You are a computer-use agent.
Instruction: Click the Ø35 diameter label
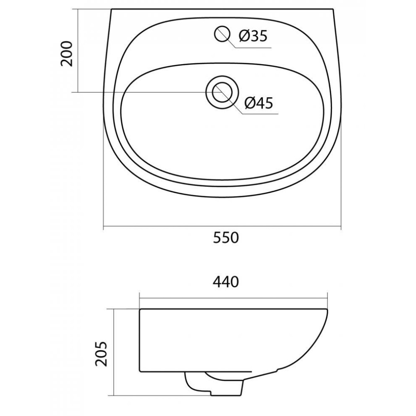tap(253, 36)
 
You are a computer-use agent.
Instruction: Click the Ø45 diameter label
tap(259, 103)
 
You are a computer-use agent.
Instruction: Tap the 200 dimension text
tap(67, 54)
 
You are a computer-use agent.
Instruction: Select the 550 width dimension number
tap(226, 238)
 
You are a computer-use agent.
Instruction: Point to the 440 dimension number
tap(226, 282)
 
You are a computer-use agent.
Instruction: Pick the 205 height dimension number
tap(102, 354)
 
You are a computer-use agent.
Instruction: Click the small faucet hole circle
tap(222, 34)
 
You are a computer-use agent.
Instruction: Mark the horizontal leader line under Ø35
tap(253, 48)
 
